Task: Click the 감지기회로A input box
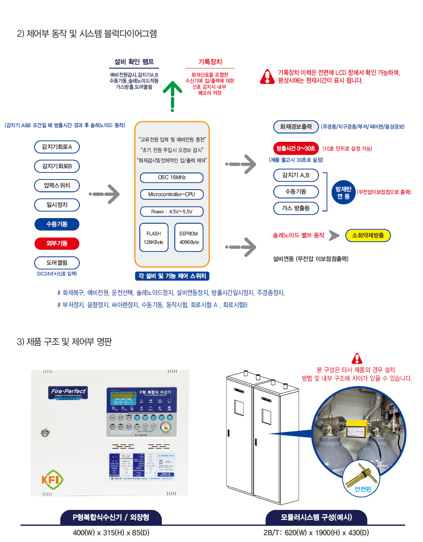[57, 147]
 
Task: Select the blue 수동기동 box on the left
[57, 224]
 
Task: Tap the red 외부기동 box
[57, 243]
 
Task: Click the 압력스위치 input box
[57, 185]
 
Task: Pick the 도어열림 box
[57, 262]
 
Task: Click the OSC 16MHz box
[172, 177]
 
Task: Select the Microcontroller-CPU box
[172, 194]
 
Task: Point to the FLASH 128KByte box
[154, 238]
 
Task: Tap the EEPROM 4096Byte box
[189, 238]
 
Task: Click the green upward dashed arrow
[173, 96]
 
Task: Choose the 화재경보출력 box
[296, 127]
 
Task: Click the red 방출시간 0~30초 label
[296, 148]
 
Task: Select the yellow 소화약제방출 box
[368, 235]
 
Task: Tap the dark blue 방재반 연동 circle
[343, 193]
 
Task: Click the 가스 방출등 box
[296, 208]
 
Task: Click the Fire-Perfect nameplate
[68, 392]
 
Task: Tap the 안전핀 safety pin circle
[362, 479]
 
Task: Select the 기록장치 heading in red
[210, 62]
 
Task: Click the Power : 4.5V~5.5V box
[172, 211]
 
